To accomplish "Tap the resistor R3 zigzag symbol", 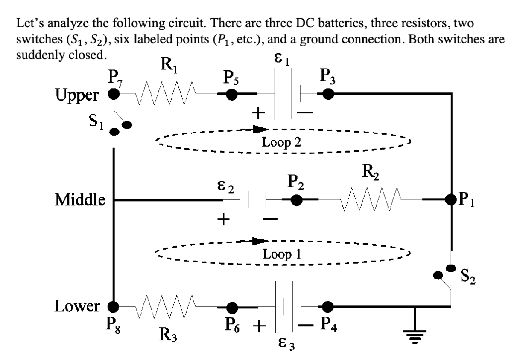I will tap(166, 306).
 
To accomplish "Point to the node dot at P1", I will tap(451, 199).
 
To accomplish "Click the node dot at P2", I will tap(297, 199).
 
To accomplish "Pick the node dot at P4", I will tap(328, 306).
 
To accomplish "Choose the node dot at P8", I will tap(114, 306).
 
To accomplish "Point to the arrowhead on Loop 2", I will tap(259, 128).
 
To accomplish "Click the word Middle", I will tap(81, 199).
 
